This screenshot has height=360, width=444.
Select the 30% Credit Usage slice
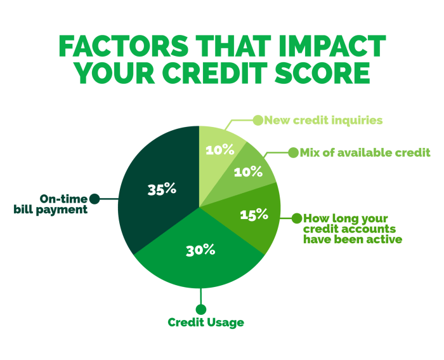[197, 260]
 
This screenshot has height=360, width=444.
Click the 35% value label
[162, 189]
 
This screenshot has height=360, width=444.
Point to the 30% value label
[200, 250]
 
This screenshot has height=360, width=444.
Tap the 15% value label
[254, 215]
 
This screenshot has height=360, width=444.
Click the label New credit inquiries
[323, 120]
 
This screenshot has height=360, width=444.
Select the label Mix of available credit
[366, 152]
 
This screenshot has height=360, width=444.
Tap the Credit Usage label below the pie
[206, 323]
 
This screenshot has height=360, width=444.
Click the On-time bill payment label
[50, 204]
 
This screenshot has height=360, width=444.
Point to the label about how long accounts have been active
[352, 228]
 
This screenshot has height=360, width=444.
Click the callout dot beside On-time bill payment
[95, 199]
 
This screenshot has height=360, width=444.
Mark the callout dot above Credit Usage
[201, 309]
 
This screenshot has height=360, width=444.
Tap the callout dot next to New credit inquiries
[258, 119]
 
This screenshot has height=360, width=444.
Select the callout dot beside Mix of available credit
[293, 152]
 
